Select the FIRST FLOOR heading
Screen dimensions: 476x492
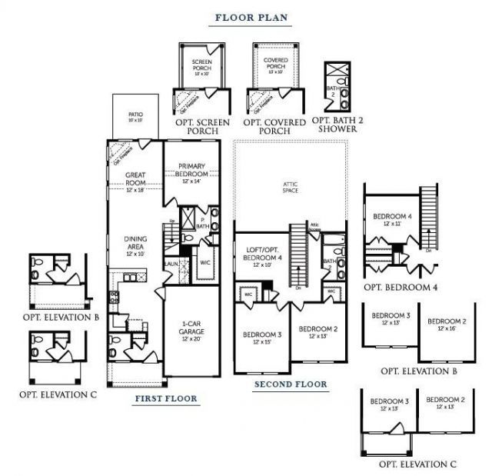pyautogui.click(x=166, y=398)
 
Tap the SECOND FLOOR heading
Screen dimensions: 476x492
pyautogui.click(x=291, y=384)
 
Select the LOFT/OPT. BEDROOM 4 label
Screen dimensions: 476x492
pyautogui.click(x=259, y=255)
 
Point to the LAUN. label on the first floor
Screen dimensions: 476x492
pyautogui.click(x=171, y=265)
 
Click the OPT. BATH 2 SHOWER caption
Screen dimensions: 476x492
pyautogui.click(x=334, y=125)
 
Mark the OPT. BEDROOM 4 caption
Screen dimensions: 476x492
pyautogui.click(x=401, y=287)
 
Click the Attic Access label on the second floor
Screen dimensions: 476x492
pyautogui.click(x=314, y=226)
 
